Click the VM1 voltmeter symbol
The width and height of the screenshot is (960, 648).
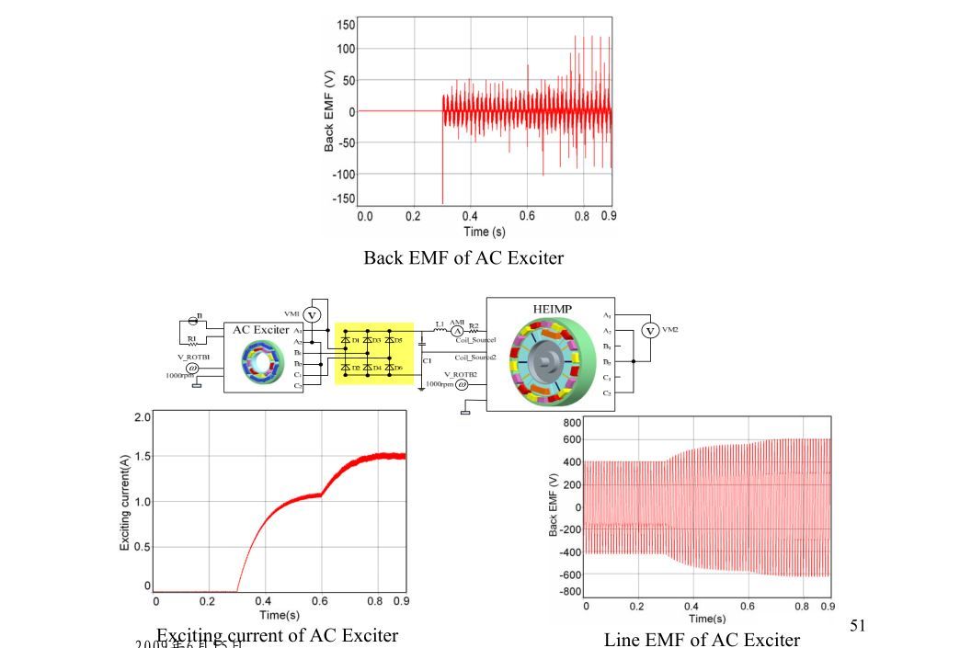tap(311, 315)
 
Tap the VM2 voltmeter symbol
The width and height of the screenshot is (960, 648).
tap(650, 330)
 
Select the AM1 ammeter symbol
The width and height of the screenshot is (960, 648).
tap(457, 330)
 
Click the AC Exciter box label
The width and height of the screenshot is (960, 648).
tap(260, 329)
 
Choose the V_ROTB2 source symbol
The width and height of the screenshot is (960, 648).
tap(462, 385)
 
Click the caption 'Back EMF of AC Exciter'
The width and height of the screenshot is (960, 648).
tap(463, 257)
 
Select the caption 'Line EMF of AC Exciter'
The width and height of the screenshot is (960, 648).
tap(702, 639)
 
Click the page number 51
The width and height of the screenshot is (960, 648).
tap(858, 626)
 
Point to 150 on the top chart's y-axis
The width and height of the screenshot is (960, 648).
tap(347, 24)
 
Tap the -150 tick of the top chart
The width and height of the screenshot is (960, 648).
tap(343, 199)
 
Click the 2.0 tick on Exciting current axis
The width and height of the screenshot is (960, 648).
tap(143, 417)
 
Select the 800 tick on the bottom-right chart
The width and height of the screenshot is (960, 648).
tap(571, 422)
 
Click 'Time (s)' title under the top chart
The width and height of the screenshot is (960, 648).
tap(484, 232)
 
